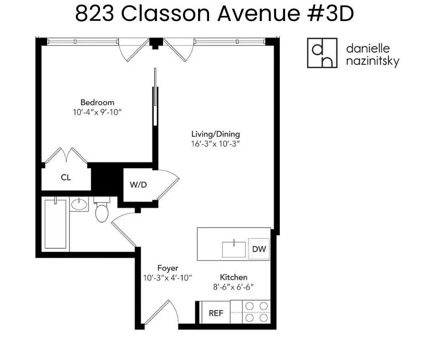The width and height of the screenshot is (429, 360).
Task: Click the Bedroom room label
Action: click(x=97, y=102)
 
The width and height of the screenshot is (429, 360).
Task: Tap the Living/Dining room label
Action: click(x=215, y=134)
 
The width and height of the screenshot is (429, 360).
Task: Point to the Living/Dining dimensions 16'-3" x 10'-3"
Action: click(x=215, y=143)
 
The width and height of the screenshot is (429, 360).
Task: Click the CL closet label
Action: click(x=66, y=177)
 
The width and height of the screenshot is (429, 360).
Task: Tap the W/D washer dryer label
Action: click(x=138, y=185)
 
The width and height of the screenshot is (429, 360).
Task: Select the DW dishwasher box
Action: click(x=258, y=249)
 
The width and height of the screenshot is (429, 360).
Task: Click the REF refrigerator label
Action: click(x=216, y=313)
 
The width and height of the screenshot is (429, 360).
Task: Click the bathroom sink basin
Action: click(x=79, y=204)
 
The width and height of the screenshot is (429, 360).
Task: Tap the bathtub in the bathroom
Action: click(x=55, y=224)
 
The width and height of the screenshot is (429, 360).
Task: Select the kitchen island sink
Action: click(x=234, y=249)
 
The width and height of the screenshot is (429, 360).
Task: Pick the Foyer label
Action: click(x=167, y=268)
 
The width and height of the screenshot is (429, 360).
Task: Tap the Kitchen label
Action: click(x=234, y=277)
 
